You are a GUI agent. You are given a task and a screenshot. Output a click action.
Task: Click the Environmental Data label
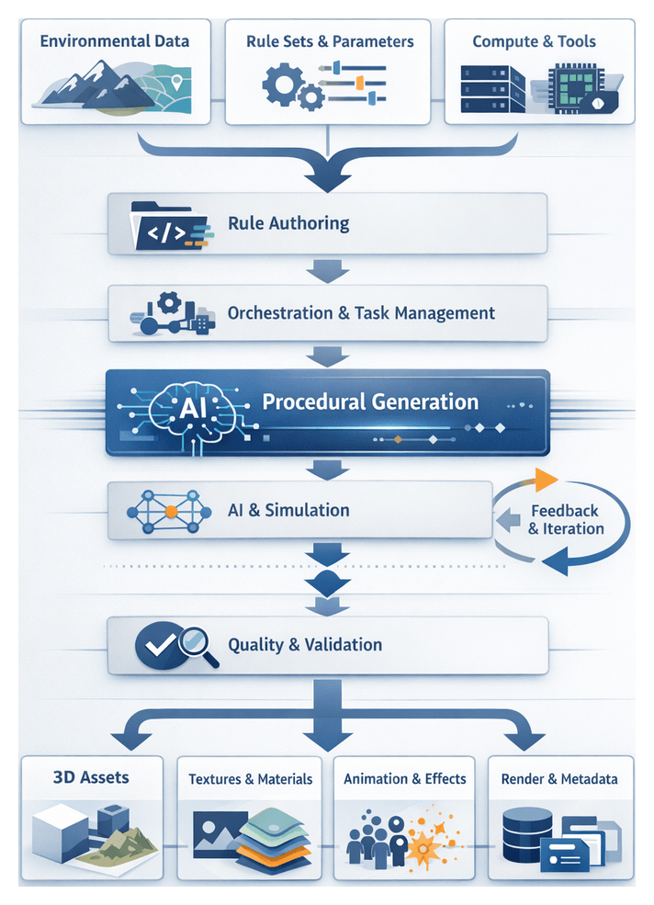click(114, 41)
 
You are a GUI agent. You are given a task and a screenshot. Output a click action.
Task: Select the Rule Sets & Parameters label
click(330, 41)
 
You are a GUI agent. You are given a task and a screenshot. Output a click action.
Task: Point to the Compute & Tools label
click(534, 41)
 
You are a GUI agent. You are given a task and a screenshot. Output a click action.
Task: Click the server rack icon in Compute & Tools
click(491, 90)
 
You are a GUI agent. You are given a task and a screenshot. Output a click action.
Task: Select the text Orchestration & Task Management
click(361, 313)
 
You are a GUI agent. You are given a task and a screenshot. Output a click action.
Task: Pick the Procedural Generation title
click(370, 402)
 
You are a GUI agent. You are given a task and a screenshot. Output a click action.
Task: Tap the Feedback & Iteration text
click(565, 519)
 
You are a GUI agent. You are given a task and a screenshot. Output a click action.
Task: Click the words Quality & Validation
click(305, 644)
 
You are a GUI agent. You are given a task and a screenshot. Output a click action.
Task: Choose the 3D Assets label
click(90, 777)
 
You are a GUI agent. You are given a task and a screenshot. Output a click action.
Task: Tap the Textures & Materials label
click(250, 779)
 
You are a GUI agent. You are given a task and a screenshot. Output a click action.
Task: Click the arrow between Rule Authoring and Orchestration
click(327, 270)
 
